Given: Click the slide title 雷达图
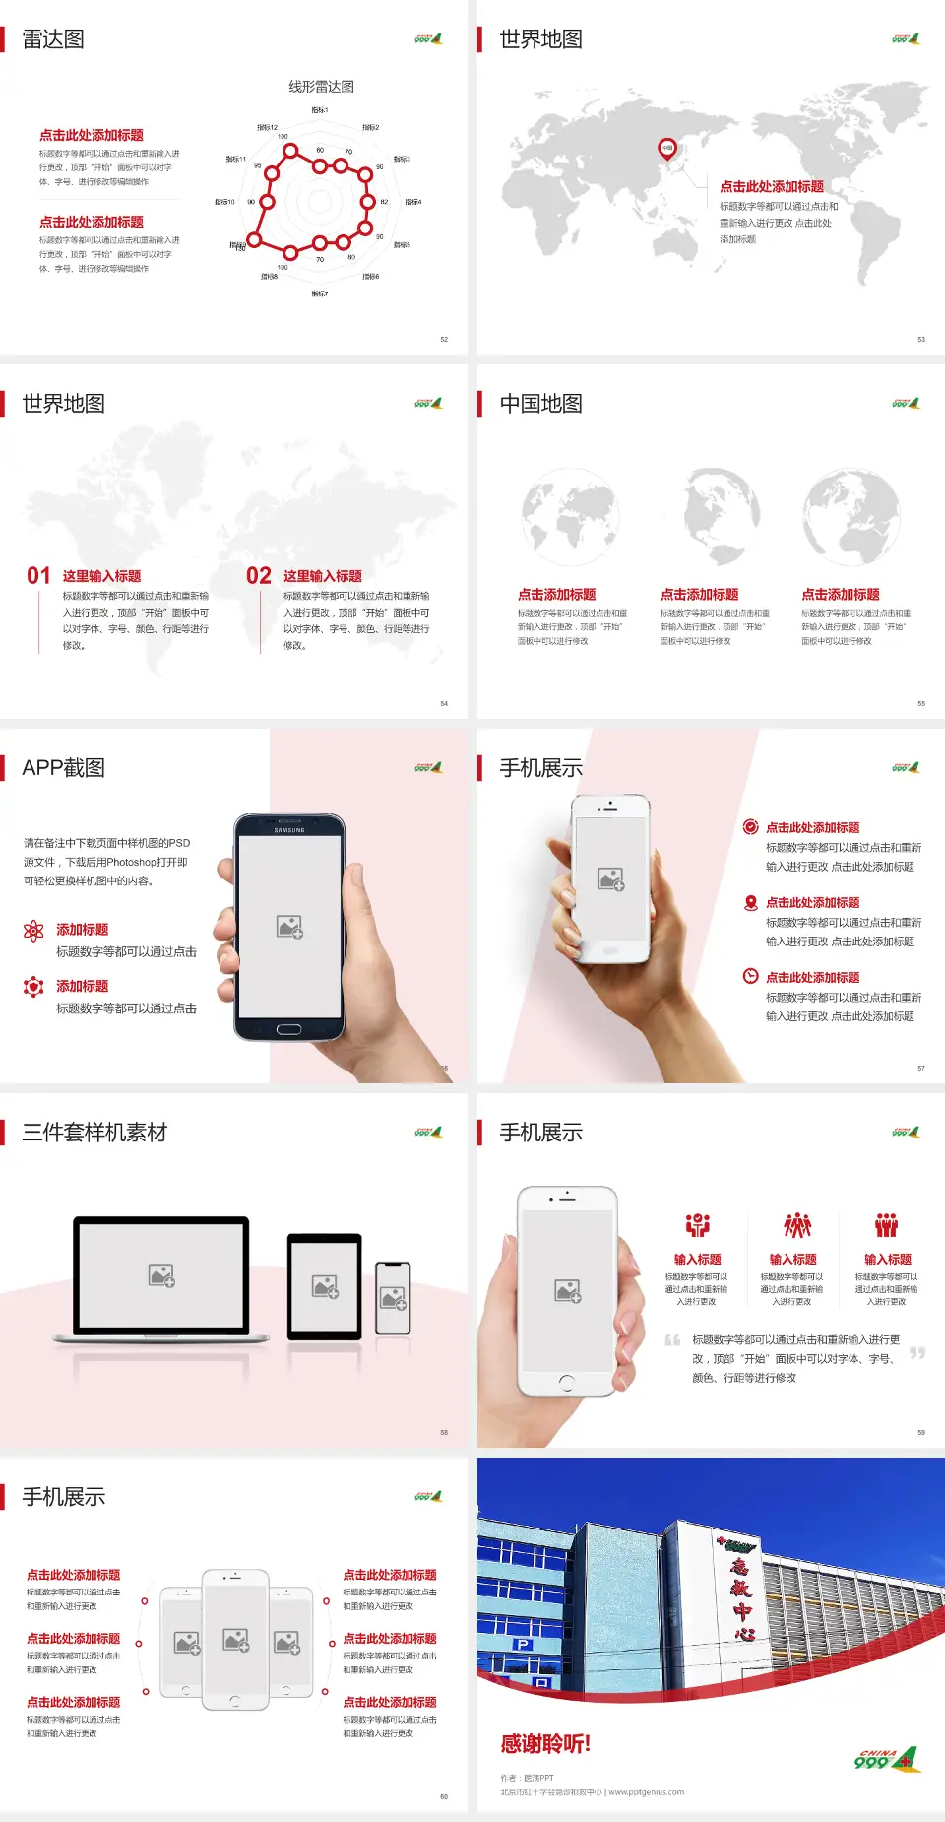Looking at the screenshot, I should pos(53,39).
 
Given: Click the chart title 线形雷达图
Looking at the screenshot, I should pos(321,87).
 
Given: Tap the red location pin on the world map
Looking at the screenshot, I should pos(667,149).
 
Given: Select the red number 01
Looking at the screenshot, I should pos(38,576).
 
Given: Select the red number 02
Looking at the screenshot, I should pos(259,576).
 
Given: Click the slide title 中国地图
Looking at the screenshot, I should pos(540,404).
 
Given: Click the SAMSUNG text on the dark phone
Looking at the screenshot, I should pos(289,830).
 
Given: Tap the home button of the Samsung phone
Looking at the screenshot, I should pos(288,1029).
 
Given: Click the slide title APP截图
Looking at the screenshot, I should pos(63,768).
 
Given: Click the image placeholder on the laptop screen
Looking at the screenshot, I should pos(161,1275).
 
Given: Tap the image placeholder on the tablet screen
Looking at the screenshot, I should pos(325,1286).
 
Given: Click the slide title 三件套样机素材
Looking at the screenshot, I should pos(94,1133).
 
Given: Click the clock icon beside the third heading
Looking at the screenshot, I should pos(750,976).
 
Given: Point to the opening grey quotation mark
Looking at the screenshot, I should pos(672,1339).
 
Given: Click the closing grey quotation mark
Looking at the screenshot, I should pos(917,1353).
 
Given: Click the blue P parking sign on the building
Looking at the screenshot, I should pos(523,1644).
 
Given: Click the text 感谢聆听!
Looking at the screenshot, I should pos(545,1744).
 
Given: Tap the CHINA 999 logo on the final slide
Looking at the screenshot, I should pos(886,1759).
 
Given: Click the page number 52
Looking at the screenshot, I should pos(444,340).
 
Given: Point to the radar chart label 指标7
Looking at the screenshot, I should pos(320,293).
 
